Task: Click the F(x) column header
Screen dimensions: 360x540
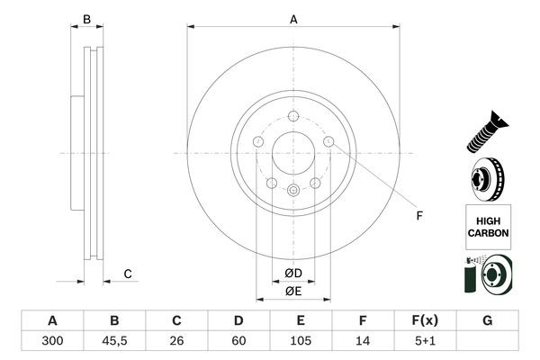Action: [x=425, y=321]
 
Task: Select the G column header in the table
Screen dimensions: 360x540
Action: [x=487, y=321]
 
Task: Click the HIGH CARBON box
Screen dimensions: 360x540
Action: [x=488, y=225]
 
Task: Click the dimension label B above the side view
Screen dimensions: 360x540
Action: [x=87, y=19]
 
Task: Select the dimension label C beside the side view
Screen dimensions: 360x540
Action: [x=128, y=274]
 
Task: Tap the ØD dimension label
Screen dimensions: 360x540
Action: [x=293, y=273]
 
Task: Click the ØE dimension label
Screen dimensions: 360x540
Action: [x=293, y=290]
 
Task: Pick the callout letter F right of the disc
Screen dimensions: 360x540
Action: [x=418, y=214]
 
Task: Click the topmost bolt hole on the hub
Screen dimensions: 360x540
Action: [x=293, y=114]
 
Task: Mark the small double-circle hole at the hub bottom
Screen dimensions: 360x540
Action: [x=293, y=190]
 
